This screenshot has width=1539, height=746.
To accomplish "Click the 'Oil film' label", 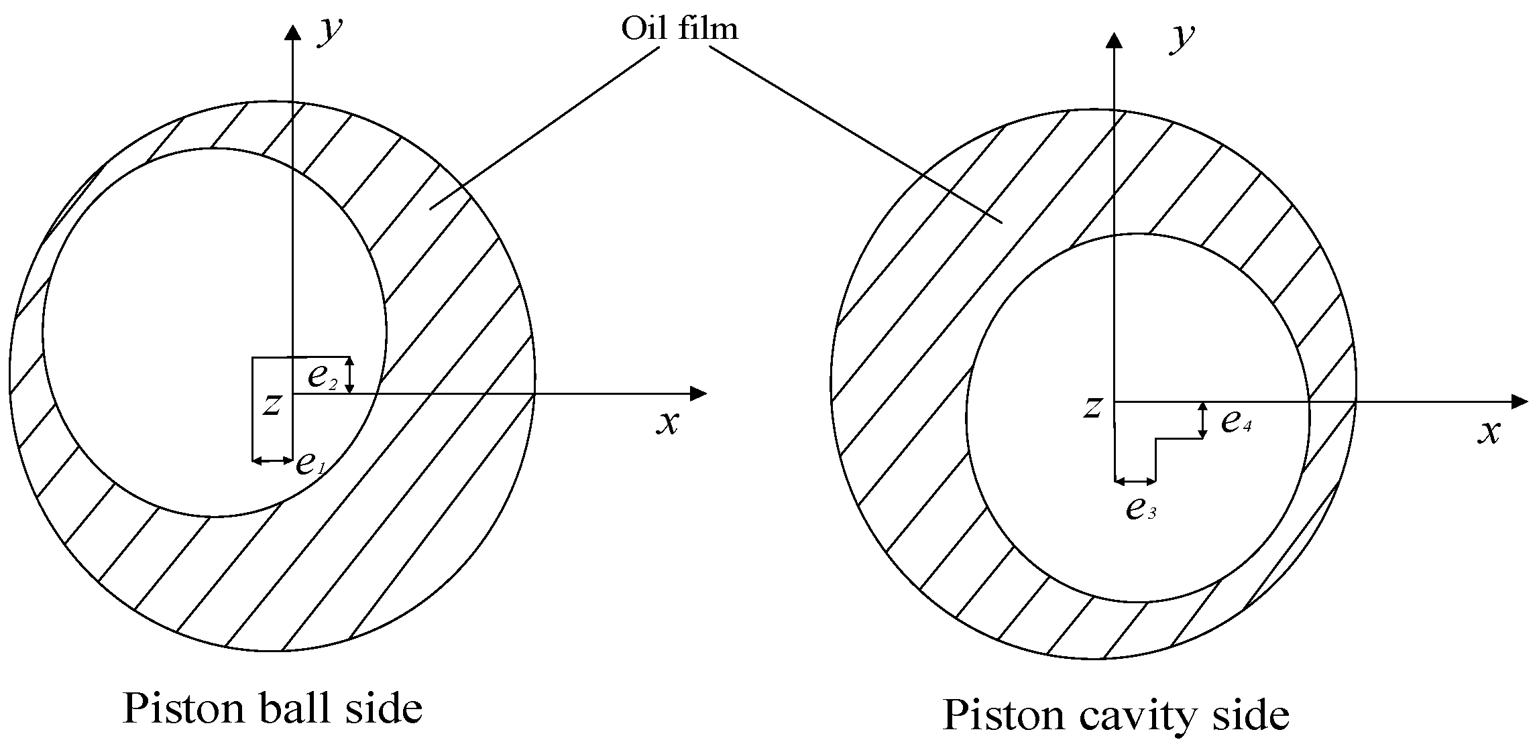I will click(x=679, y=29).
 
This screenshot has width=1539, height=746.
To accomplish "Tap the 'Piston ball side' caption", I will click(x=272, y=709).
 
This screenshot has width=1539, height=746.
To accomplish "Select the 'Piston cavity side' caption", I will click(x=1115, y=715).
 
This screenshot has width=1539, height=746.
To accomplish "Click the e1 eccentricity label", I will click(x=310, y=462).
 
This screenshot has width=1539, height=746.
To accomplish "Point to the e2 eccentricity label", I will click(x=323, y=376).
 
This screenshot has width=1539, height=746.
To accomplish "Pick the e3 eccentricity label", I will click(x=1141, y=509).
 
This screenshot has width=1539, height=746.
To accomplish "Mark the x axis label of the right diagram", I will click(x=1489, y=432).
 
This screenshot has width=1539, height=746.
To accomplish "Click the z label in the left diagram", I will click(x=272, y=404).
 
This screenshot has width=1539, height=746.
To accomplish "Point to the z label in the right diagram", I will click(x=1093, y=407).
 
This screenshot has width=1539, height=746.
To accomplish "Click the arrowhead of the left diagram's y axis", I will click(x=292, y=32).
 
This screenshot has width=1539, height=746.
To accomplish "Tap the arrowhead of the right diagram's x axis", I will click(x=1519, y=401).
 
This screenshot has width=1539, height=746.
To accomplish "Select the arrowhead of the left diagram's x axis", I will click(x=698, y=393).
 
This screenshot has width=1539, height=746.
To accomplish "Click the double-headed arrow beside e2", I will click(x=349, y=375).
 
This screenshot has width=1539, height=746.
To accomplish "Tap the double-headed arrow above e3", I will click(x=1135, y=481).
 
